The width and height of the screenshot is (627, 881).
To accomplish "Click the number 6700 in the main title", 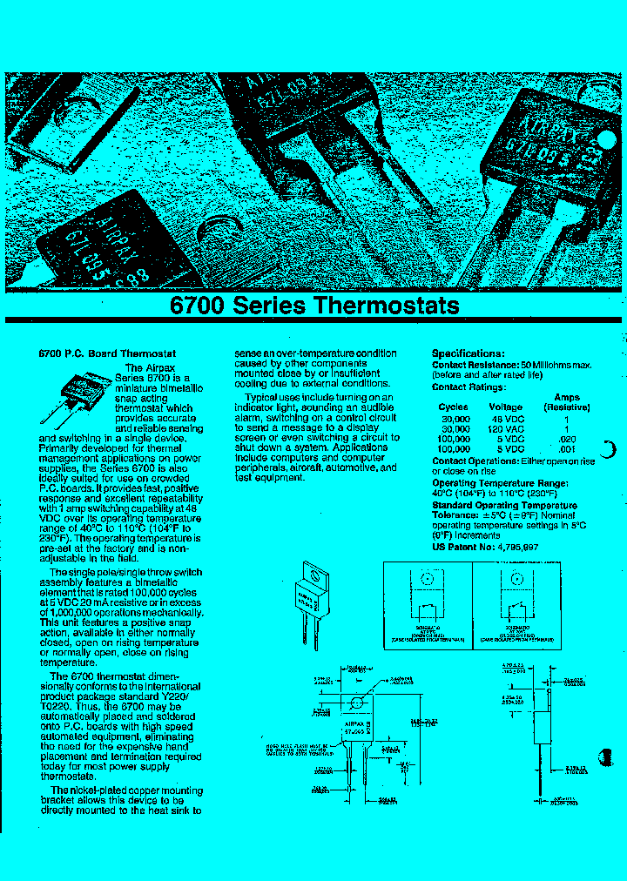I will pos(198,306).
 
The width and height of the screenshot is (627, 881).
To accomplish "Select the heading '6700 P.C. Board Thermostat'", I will pos(108,354).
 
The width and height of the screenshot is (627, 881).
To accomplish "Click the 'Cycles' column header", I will pos(453,407).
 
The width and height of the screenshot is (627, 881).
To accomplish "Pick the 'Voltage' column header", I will pos(505,407).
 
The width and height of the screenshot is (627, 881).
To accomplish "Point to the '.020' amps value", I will pos(567,440).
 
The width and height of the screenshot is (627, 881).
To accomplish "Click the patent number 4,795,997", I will pos(518,547).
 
